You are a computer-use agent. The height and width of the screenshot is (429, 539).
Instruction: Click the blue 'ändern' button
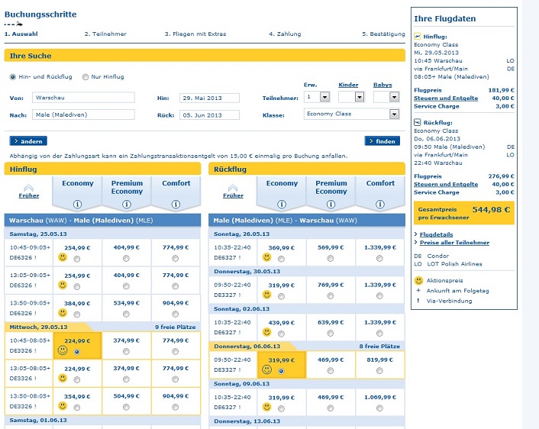tap(28, 141)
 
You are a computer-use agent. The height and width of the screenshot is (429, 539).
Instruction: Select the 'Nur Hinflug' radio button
tap(86, 77)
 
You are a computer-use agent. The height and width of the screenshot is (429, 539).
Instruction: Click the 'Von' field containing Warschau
tap(83, 98)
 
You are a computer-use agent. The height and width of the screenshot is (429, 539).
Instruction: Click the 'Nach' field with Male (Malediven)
tap(83, 115)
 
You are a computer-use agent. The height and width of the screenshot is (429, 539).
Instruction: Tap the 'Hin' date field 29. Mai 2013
tap(209, 98)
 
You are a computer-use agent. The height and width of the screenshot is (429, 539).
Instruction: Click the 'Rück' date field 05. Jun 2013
tap(209, 115)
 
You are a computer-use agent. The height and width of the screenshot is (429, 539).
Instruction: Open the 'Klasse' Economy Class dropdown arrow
tap(394, 114)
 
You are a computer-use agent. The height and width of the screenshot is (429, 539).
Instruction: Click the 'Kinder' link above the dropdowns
tap(348, 85)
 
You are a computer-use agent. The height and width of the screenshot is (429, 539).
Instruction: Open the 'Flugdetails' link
tap(436, 234)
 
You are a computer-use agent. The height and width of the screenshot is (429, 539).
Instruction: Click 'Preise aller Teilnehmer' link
tap(454, 242)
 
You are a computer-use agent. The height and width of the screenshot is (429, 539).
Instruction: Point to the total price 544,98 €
tap(491, 209)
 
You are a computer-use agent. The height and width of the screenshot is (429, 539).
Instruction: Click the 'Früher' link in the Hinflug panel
tap(29, 195)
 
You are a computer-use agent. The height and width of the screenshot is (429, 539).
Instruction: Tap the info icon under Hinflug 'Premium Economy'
tap(127, 204)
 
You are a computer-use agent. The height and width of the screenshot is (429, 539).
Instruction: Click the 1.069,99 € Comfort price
tap(380, 398)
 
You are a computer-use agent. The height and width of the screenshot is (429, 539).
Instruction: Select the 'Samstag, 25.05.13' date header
tap(38, 234)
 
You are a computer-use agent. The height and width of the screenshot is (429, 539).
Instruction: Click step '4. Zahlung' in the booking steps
tap(285, 34)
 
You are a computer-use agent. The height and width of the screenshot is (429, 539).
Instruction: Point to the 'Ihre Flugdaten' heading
tap(445, 18)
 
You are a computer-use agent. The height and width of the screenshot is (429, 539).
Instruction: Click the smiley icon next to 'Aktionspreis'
tap(418, 280)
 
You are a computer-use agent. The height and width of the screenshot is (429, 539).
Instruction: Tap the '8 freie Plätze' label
tap(379, 346)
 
